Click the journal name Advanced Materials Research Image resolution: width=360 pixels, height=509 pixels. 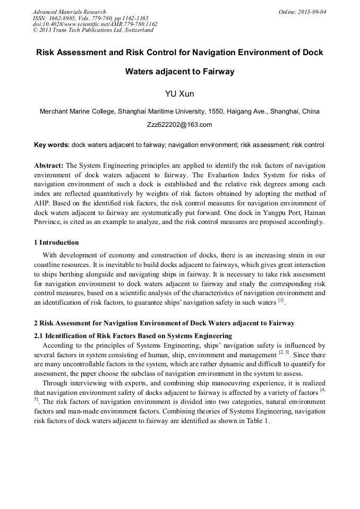tap(69, 12)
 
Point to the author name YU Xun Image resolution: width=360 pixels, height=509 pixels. tap(180, 94)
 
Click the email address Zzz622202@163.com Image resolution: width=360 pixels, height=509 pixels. tap(179, 125)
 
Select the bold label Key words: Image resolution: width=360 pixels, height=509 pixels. tap(52, 144)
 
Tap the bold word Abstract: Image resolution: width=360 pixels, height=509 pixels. tap(49, 166)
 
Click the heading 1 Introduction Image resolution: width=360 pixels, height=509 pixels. tap(56, 243)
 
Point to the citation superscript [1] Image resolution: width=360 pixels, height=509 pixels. tap(281, 301)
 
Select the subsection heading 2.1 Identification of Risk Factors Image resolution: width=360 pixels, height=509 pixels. tap(133, 336)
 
